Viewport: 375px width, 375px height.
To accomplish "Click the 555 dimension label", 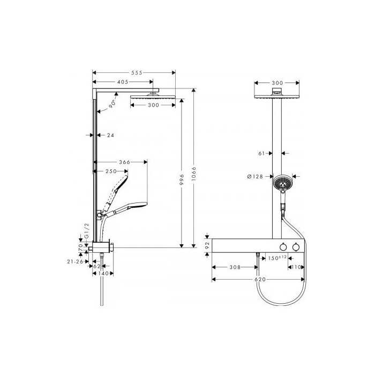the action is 137,73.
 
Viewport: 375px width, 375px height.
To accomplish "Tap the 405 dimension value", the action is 123,82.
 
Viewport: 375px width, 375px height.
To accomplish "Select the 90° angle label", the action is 112,104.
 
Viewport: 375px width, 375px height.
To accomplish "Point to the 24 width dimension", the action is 110,136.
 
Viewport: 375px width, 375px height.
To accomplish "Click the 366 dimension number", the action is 125,162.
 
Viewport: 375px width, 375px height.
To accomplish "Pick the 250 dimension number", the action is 111,171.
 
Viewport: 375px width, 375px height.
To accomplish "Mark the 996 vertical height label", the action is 182,179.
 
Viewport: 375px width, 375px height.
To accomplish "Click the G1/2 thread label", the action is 87,231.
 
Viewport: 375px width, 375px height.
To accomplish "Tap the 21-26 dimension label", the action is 75,262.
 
